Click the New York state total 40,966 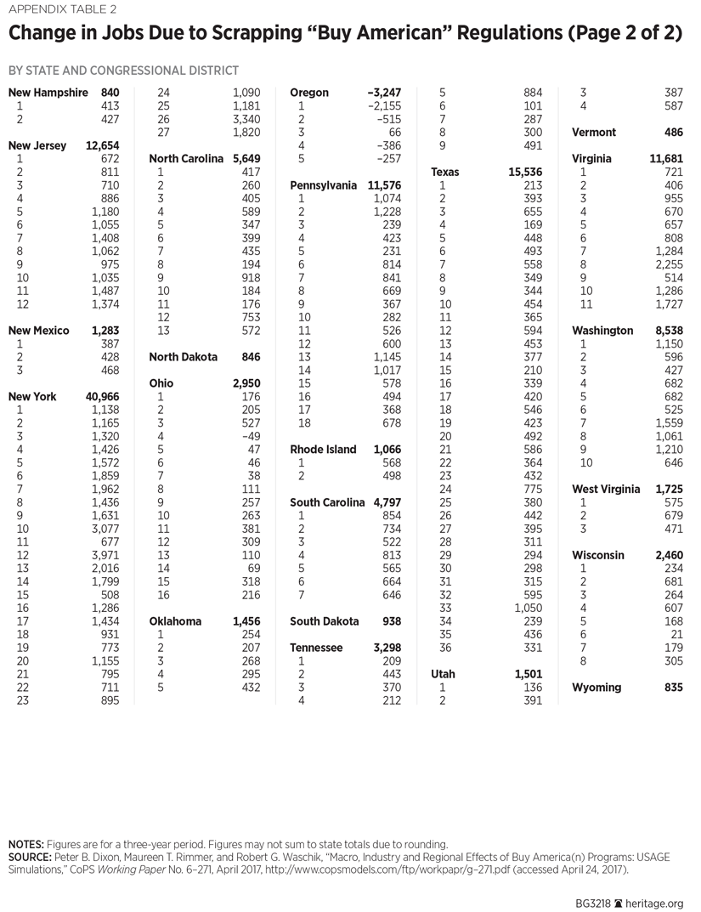pos(101,396)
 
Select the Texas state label pos(444,172)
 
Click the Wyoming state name pos(596,687)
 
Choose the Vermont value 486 pos(673,132)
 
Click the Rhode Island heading pos(323,449)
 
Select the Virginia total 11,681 pos(666,159)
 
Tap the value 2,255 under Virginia pos(669,264)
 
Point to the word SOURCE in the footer pos(31,858)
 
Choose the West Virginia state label pos(605,489)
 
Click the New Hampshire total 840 pos(110,93)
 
